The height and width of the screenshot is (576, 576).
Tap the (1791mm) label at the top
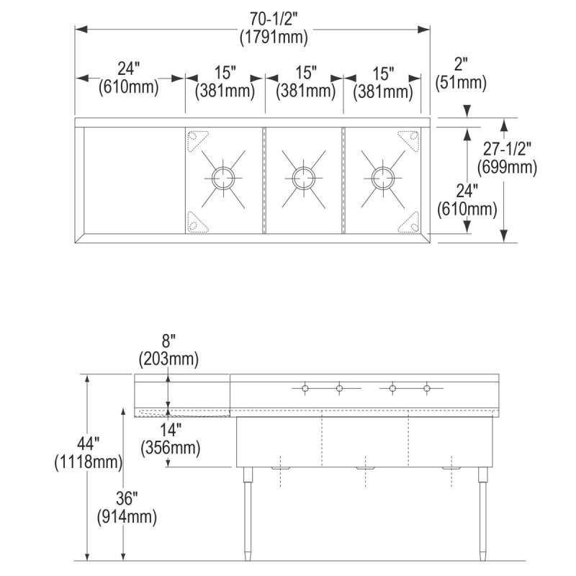tap(274, 37)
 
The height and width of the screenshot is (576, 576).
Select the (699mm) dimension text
tap(507, 168)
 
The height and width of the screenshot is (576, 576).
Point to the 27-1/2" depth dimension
tap(507, 149)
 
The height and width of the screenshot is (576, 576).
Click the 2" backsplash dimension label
tap(461, 64)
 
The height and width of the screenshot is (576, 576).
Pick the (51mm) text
tap(461, 83)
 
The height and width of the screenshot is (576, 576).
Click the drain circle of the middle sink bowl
tap(303, 178)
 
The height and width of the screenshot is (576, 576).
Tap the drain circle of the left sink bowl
tap(222, 178)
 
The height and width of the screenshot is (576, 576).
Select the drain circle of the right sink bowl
tap(383, 178)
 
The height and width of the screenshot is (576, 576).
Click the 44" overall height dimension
tap(88, 445)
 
